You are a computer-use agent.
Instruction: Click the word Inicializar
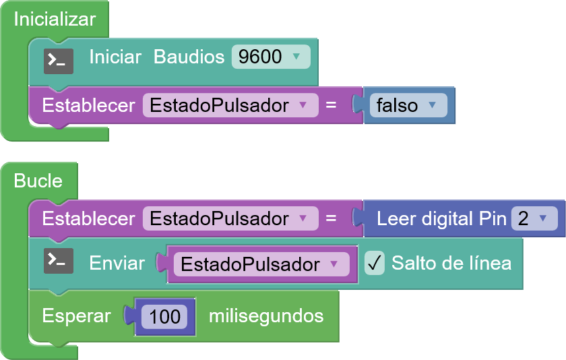point(55,19)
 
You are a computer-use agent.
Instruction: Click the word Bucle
point(38,181)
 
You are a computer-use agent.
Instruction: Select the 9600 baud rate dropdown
point(270,57)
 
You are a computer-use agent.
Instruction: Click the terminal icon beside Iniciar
point(59,61)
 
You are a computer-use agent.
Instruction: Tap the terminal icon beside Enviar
point(59,261)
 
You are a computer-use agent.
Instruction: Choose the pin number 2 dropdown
point(534,218)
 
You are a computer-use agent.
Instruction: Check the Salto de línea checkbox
point(374,263)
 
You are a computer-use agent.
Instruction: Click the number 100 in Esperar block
point(164,316)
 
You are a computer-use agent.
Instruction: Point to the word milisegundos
point(266,316)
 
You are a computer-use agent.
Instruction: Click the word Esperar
point(76,316)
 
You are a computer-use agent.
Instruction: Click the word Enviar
point(117,263)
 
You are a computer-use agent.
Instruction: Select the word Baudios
point(189,57)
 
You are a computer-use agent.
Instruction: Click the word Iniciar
point(115,57)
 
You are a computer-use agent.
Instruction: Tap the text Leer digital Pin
point(441,218)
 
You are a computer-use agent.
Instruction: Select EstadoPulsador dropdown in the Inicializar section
point(229,105)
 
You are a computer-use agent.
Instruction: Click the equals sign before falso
point(331,105)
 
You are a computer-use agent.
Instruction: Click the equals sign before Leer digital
point(331,218)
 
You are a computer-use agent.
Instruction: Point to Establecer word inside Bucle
point(88,218)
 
